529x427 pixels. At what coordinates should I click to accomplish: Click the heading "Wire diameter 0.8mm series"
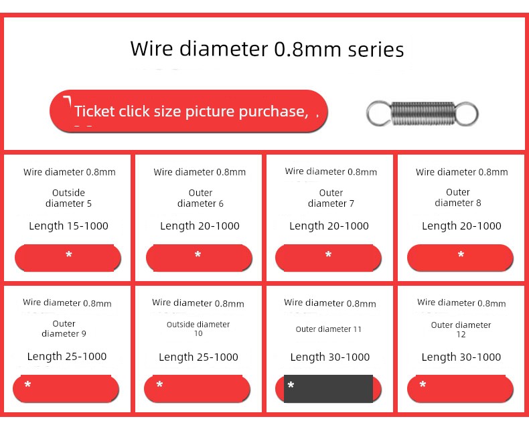coord(267,49)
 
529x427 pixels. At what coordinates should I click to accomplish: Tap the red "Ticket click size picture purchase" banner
coord(189,111)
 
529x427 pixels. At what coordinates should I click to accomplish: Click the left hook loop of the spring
coord(379,113)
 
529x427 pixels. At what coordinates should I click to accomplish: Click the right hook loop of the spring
coord(467,114)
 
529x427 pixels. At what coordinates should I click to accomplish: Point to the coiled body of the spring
coord(423,113)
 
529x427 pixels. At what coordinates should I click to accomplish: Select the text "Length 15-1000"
coord(68,226)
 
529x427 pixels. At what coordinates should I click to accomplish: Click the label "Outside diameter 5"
coord(68,198)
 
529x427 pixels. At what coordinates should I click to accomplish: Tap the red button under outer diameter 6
coord(199,258)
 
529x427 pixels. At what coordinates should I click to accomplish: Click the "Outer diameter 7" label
coord(331,198)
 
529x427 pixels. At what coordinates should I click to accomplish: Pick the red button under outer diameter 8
coord(460,258)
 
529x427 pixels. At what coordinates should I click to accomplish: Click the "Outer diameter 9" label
coord(64,329)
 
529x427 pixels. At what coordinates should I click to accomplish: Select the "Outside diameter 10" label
coord(198,329)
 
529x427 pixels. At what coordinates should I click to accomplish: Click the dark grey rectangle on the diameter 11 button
coord(328,389)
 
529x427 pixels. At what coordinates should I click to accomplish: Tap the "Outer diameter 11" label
coord(328,329)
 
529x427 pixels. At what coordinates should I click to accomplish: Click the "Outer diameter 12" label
coord(461,329)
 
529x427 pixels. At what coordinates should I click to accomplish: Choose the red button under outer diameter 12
coord(460,389)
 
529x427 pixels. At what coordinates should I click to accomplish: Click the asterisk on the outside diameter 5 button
coord(69,254)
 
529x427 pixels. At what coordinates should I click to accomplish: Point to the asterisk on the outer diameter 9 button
coord(27,384)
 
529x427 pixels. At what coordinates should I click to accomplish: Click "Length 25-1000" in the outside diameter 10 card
coord(198,357)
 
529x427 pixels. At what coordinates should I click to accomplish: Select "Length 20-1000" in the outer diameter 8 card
coord(461,226)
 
